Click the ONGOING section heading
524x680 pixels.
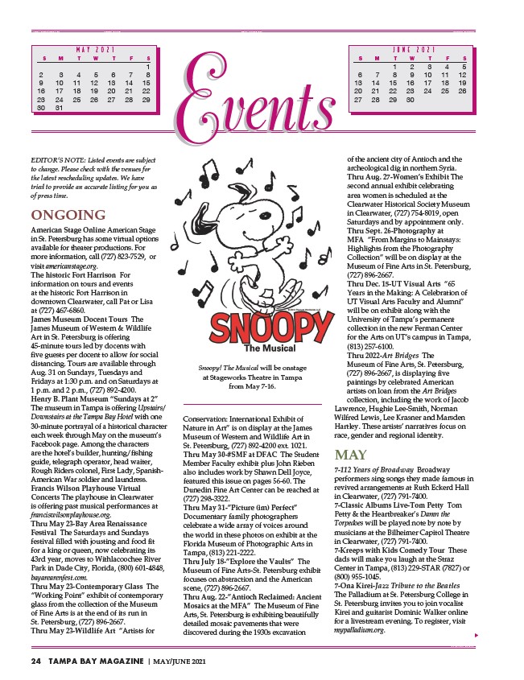click(68, 215)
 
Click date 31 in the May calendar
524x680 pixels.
click(58, 107)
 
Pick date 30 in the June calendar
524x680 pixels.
click(411, 100)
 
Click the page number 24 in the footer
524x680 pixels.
click(35, 661)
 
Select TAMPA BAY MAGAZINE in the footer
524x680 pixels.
click(95, 661)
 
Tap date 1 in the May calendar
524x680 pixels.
click(148, 67)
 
